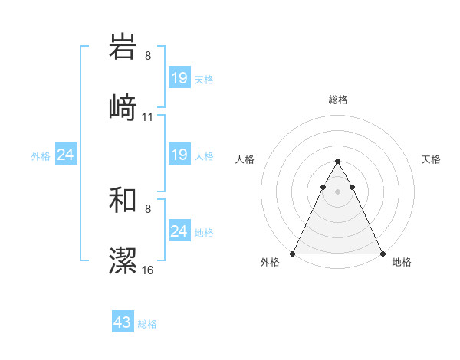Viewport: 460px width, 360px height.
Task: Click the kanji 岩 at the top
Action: click(123, 47)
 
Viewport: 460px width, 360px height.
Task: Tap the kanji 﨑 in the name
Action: click(123, 107)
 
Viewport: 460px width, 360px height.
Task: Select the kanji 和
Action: click(123, 200)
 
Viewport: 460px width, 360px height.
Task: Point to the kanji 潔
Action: click(123, 260)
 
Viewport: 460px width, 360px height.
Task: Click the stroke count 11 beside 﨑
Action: click(148, 117)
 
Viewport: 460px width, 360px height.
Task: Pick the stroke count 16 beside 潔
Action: click(148, 270)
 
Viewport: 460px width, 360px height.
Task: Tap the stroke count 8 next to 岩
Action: click(148, 56)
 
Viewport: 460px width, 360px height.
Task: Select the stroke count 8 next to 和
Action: click(148, 208)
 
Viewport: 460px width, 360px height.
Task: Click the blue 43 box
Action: click(123, 322)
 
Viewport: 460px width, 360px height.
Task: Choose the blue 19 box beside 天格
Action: click(179, 78)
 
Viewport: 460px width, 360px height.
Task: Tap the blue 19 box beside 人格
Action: click(179, 155)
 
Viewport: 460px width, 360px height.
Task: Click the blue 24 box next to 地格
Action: click(179, 231)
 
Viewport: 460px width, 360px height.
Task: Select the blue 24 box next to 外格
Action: click(66, 155)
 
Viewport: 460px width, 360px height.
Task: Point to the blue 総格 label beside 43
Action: click(147, 324)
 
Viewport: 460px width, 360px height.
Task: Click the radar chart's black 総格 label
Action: click(338, 100)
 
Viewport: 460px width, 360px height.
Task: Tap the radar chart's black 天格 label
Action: click(431, 159)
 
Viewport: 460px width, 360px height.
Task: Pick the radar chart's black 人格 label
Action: click(245, 159)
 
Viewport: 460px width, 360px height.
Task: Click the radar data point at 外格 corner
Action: click(293, 254)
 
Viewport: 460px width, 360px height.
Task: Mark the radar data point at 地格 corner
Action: click(383, 254)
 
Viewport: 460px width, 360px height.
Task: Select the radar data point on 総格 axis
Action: click(337, 162)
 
